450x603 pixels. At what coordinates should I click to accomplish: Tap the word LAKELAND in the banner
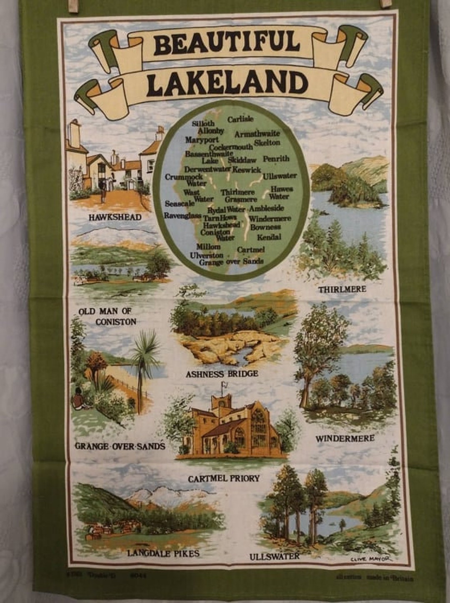(227, 83)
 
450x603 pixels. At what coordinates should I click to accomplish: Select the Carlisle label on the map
(240, 119)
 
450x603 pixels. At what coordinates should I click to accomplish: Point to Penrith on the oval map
(276, 159)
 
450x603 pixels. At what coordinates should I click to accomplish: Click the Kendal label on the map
(269, 237)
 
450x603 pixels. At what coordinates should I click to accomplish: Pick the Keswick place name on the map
(247, 170)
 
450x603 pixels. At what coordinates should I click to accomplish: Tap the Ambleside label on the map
(266, 209)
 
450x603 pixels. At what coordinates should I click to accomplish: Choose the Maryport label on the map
(202, 140)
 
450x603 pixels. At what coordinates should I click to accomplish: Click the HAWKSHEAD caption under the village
(115, 217)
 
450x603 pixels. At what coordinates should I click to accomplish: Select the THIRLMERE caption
(342, 289)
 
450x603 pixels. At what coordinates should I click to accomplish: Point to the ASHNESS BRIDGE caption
(222, 374)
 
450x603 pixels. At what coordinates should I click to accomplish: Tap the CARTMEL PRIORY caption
(224, 478)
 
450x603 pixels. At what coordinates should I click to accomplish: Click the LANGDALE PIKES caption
(163, 553)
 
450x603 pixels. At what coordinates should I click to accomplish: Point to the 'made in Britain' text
(390, 578)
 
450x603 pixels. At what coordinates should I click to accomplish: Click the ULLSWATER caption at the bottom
(274, 557)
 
